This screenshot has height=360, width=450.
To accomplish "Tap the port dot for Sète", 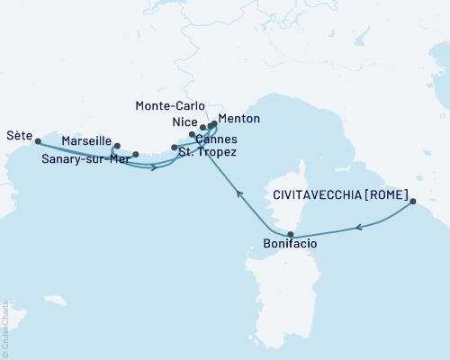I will [37, 140].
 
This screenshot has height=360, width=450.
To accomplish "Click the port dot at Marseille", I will [117, 145].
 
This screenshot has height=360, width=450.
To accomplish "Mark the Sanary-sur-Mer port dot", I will [136, 154].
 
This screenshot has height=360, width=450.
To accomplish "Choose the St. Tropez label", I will [208, 153].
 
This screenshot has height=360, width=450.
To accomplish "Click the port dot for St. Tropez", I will [175, 147].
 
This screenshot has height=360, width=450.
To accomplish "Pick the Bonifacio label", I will [290, 243].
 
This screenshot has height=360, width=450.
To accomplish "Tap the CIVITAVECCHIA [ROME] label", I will [341, 193].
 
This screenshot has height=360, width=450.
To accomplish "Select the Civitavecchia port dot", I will [413, 202].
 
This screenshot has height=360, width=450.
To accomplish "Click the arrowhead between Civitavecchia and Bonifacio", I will [359, 229].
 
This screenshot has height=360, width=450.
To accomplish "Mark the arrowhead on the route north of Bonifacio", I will [238, 193].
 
